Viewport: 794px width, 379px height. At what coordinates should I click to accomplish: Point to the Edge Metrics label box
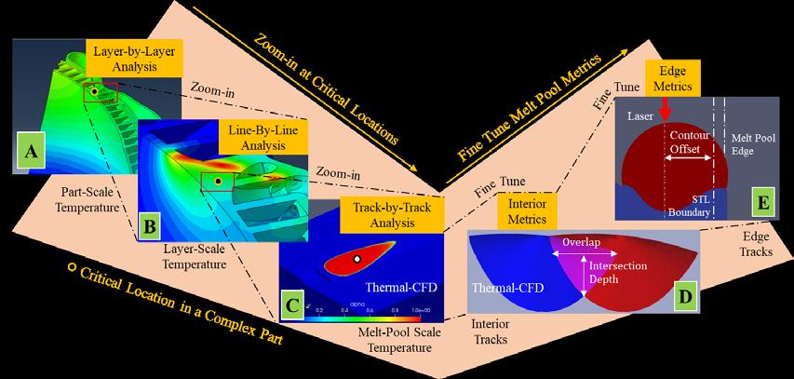[x=672, y=78]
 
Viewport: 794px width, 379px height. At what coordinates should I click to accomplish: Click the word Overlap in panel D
[x=579, y=244]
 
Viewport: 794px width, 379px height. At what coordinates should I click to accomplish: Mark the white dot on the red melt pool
[x=356, y=258]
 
